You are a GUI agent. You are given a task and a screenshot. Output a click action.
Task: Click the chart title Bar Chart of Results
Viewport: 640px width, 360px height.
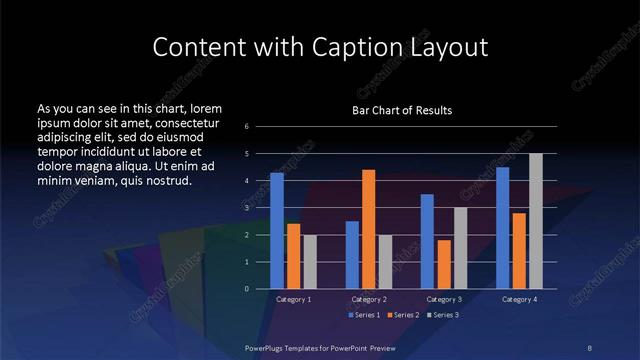pos(402,110)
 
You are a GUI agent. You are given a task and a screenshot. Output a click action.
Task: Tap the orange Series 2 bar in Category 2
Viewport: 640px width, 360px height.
pos(368,229)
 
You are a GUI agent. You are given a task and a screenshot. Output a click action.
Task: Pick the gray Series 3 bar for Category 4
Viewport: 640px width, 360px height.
pos(535,221)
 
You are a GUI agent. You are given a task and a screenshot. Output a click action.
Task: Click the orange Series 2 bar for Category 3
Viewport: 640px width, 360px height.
pos(443,264)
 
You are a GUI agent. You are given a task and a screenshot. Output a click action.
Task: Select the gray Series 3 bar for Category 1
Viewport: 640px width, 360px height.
pos(309,261)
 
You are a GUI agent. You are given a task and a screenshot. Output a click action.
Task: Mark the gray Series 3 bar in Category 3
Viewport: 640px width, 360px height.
pos(460,248)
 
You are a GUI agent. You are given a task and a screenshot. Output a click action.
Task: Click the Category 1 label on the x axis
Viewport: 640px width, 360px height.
pos(293,299)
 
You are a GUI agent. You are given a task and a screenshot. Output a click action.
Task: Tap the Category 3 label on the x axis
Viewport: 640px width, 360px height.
pos(443,299)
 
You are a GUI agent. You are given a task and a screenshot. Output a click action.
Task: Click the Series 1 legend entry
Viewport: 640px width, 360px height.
pos(364,315)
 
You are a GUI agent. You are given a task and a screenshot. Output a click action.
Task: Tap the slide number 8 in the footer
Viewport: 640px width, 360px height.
pos(590,346)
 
